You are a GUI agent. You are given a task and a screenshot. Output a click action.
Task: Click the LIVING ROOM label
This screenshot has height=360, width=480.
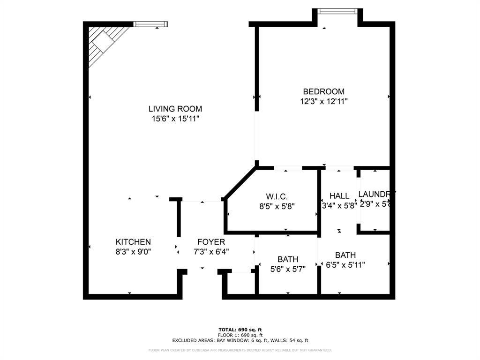pos(176,109)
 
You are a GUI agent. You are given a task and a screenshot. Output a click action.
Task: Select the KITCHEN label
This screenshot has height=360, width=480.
pos(133,242)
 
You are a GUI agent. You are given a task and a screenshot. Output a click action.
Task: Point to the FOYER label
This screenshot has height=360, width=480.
pos(210,242)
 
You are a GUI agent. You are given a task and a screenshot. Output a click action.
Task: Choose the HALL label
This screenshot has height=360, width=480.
pos(339,196)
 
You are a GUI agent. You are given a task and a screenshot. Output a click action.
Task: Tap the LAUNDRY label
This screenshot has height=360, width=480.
pos(376,194)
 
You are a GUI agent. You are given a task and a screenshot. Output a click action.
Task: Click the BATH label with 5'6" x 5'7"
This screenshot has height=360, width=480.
pos(287,259)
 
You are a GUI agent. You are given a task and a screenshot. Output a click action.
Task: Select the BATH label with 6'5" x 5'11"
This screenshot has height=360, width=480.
pos(345,255)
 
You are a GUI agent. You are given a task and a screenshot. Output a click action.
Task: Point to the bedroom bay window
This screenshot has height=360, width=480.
pos(337,11)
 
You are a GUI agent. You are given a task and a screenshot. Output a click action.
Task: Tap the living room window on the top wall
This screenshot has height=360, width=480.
pos(150,24)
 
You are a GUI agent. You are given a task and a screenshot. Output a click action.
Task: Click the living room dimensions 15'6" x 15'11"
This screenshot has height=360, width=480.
pos(176,119)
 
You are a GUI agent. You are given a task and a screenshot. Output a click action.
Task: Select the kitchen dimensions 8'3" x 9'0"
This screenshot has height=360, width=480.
pos(133,252)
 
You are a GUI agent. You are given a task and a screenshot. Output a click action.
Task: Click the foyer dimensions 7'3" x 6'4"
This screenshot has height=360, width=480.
pos(210,252)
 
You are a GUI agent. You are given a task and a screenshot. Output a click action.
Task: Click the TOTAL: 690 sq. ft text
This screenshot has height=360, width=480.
pos(240,330)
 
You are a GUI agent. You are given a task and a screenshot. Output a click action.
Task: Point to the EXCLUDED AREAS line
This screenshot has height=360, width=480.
pos(240,340)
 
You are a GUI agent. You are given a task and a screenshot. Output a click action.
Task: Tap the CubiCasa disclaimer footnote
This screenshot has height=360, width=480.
pos(240,350)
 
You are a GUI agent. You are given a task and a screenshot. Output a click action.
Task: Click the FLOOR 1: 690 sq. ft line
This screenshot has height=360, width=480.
pos(240,335)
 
